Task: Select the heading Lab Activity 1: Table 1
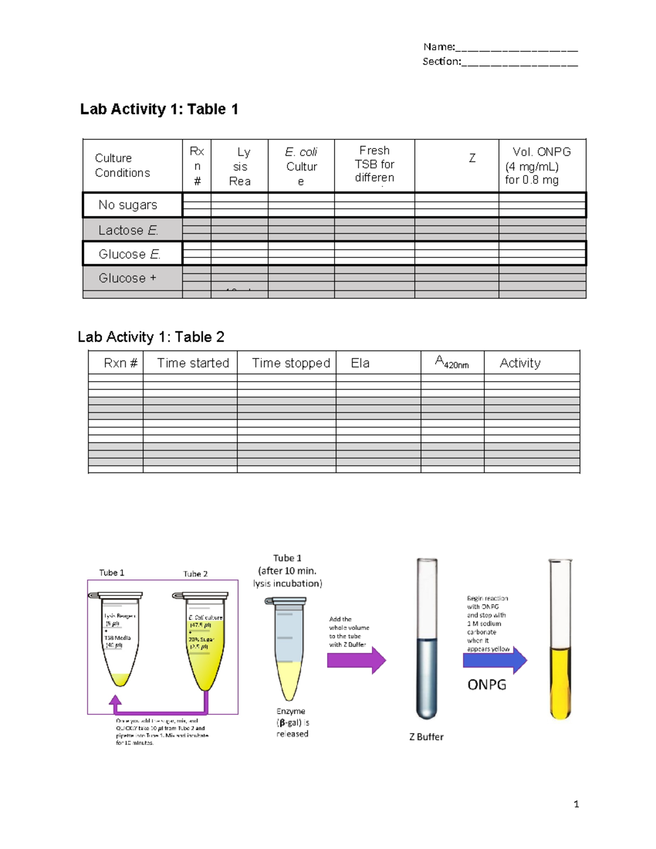click(x=159, y=109)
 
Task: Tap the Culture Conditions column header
click(x=122, y=165)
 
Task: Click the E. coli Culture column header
click(x=301, y=166)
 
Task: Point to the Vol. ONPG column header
click(x=541, y=165)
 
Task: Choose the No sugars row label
click(x=128, y=205)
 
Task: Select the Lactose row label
click(x=128, y=230)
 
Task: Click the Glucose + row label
click(x=127, y=278)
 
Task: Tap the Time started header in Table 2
click(x=193, y=363)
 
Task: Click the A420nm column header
click(x=452, y=362)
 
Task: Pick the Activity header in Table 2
click(x=520, y=363)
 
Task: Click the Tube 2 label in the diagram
click(x=195, y=574)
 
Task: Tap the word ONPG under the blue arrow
click(x=487, y=684)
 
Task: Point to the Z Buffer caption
click(x=426, y=737)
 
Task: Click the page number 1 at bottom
click(x=576, y=804)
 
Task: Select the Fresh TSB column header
click(x=374, y=164)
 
